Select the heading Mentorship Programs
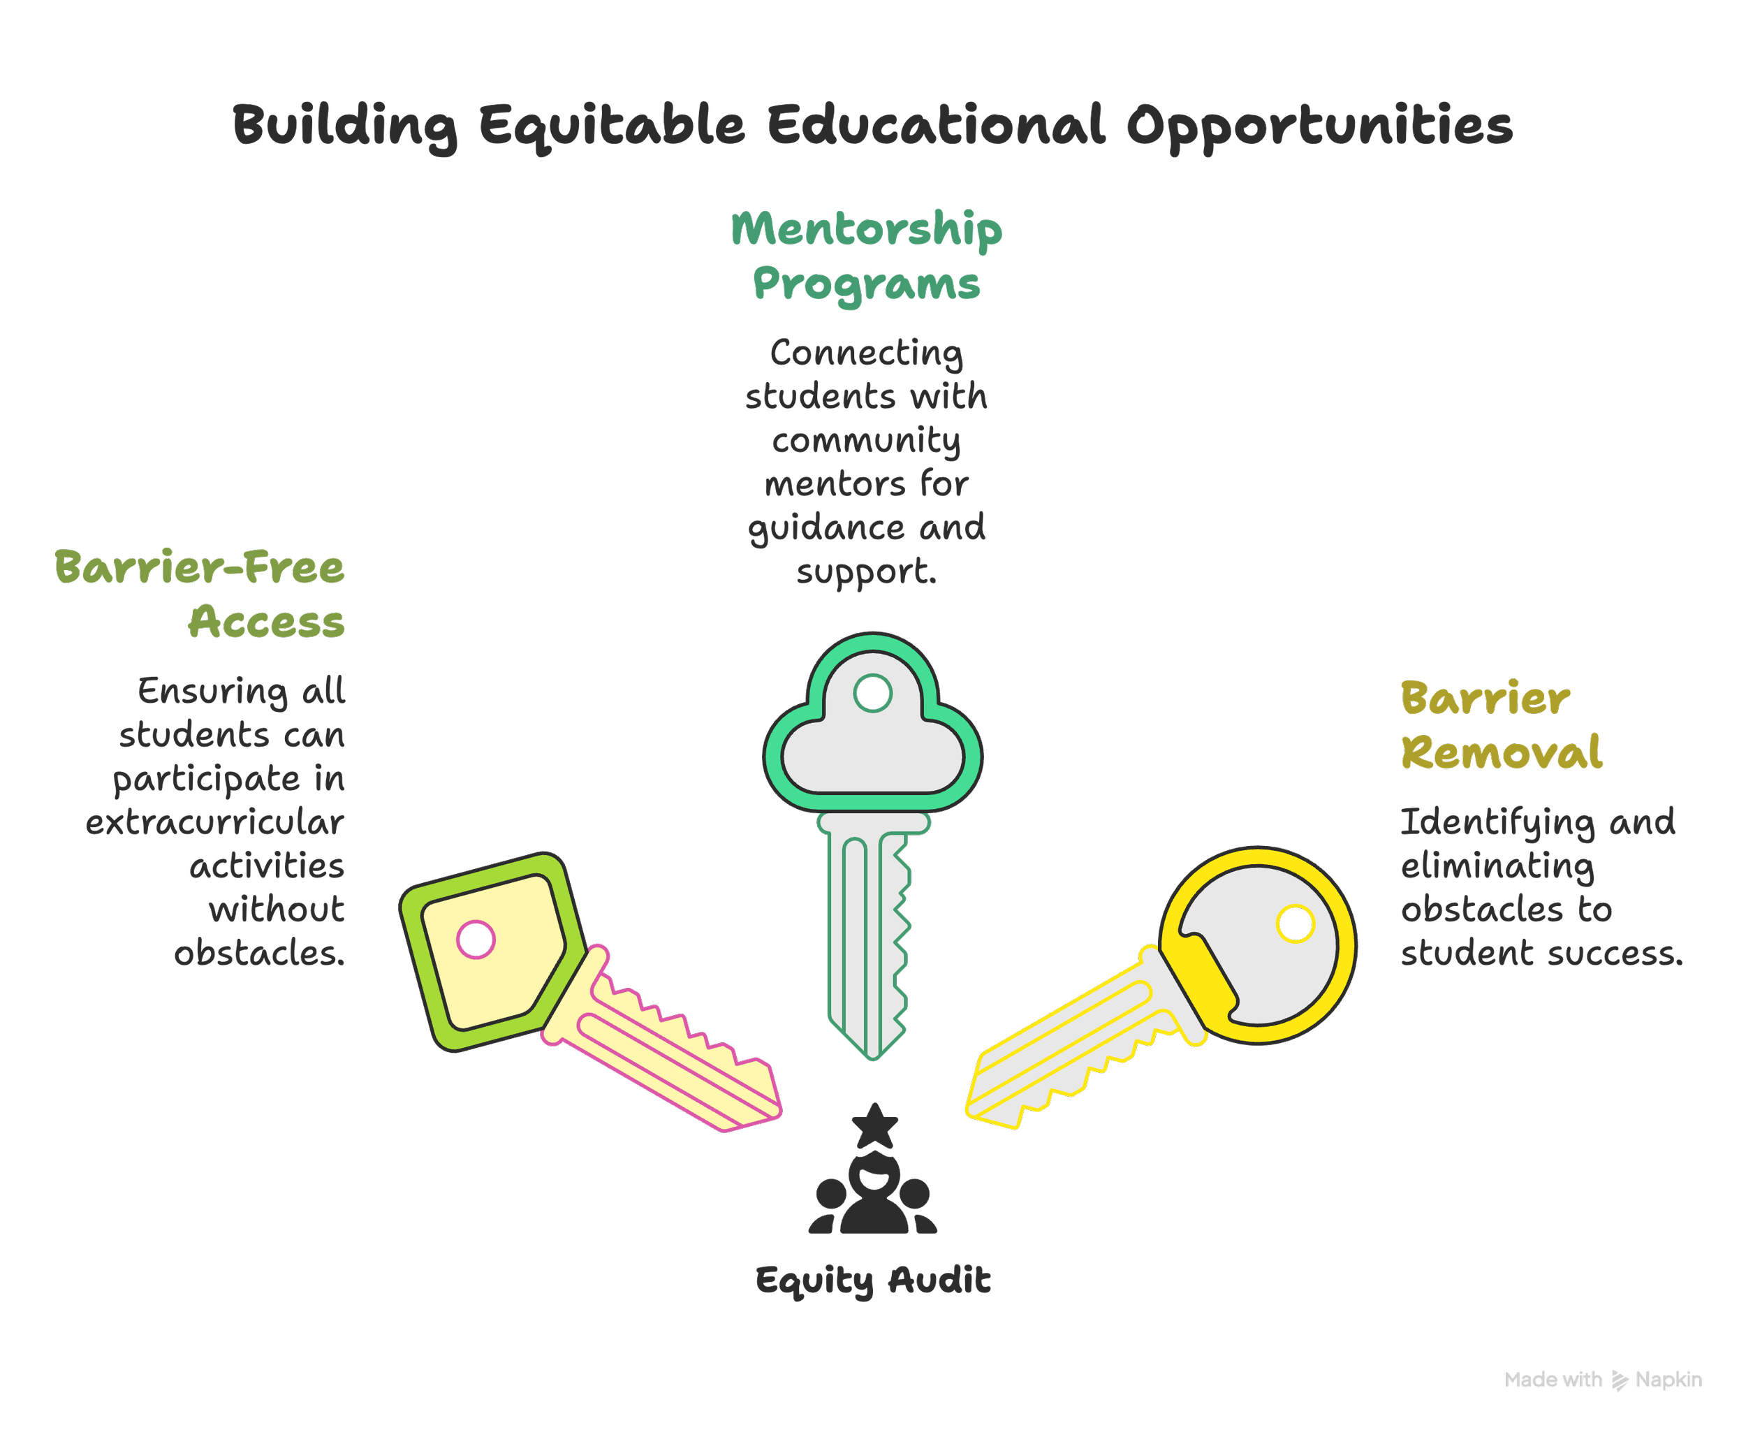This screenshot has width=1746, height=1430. pyautogui.click(x=867, y=256)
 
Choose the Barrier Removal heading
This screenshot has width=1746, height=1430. pyautogui.click(x=1501, y=726)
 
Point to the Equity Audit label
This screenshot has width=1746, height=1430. pyautogui.click(x=873, y=1281)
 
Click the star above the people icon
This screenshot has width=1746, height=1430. pyautogui.click(x=874, y=1126)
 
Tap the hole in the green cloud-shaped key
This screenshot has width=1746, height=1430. pyautogui.click(x=873, y=693)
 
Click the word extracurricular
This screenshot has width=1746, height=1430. pyautogui.click(x=215, y=823)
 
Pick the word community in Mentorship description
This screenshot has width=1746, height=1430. pyautogui.click(x=867, y=441)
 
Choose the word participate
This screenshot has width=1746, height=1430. pyautogui.click(x=207, y=779)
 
